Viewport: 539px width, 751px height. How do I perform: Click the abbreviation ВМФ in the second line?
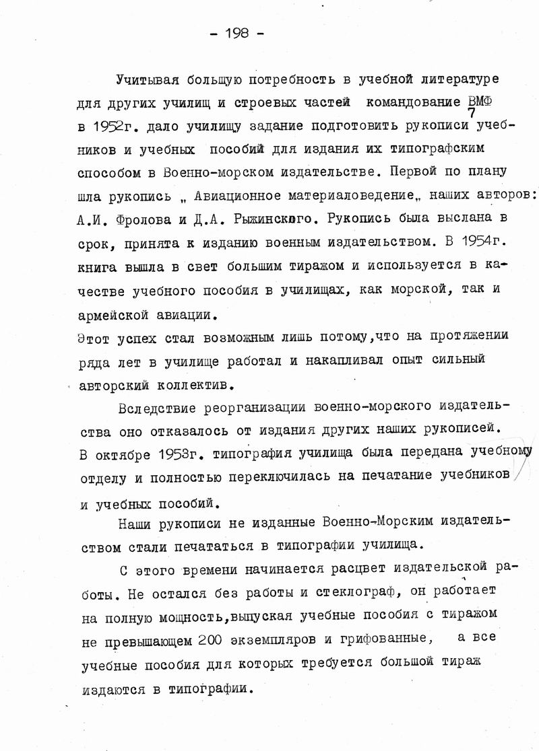[x=480, y=101]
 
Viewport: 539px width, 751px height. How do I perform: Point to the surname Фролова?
[x=143, y=219]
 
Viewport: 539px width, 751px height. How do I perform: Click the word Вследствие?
[x=158, y=408]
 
